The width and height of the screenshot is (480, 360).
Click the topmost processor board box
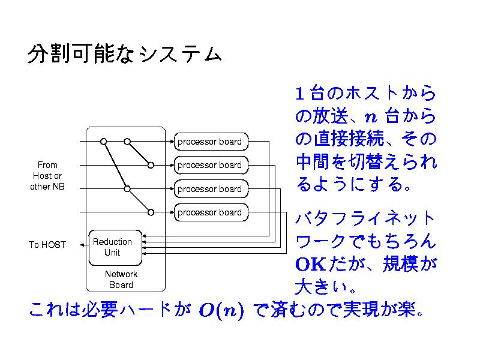(x=210, y=142)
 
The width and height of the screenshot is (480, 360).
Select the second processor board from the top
(x=210, y=165)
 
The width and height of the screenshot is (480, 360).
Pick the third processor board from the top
(x=210, y=188)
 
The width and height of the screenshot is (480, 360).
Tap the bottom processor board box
(x=210, y=212)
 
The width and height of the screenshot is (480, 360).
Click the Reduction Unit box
(x=115, y=247)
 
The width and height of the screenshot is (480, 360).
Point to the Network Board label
(x=121, y=280)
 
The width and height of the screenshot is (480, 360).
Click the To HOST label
(x=47, y=245)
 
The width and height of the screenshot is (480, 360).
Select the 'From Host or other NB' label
(x=47, y=175)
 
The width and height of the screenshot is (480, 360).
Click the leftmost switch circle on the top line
(x=103, y=142)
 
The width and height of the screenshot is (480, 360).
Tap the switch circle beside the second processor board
(x=151, y=165)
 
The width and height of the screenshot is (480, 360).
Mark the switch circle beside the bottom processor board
(x=151, y=212)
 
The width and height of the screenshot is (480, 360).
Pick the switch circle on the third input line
(x=127, y=188)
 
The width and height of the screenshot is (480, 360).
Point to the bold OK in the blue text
(x=310, y=264)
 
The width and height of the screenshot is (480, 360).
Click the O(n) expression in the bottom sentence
(x=221, y=311)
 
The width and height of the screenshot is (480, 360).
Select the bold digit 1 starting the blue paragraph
(x=301, y=94)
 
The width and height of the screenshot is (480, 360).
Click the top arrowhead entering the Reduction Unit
(x=145, y=236)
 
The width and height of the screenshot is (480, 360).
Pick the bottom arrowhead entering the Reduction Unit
(x=145, y=254)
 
